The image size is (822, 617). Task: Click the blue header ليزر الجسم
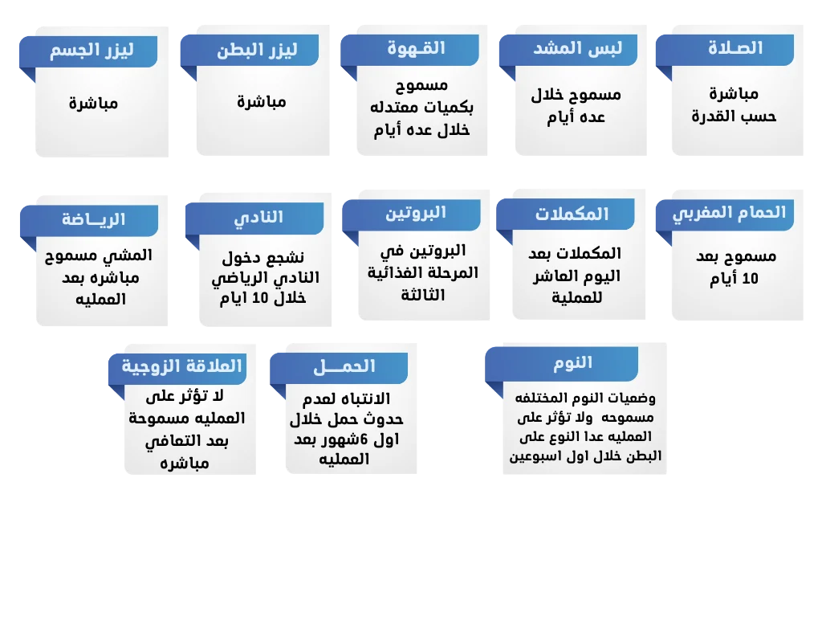point(92,51)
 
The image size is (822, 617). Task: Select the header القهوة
point(416,48)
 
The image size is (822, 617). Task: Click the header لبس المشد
point(573,48)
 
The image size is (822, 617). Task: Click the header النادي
point(258,218)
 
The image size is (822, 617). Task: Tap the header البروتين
point(415,214)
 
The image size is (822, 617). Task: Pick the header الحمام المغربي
point(727,213)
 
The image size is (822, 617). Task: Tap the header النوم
point(572,362)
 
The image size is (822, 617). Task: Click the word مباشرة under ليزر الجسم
point(93,104)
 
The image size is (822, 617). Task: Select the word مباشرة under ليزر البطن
point(262,102)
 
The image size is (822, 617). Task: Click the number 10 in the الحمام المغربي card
point(749,280)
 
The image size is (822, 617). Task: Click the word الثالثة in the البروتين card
point(425,296)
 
